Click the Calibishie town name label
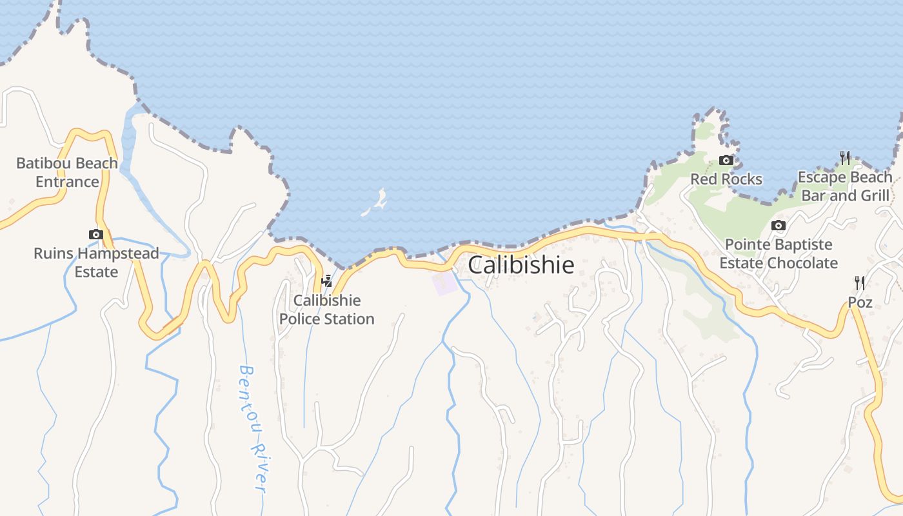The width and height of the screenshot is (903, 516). [521, 265]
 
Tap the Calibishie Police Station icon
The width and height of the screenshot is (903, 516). [327, 281]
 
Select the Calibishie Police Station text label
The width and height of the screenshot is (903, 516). [326, 310]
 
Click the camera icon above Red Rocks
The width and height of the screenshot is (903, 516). [726, 160]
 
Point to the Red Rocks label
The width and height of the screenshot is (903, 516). [726, 179]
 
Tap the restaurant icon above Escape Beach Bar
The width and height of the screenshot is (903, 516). [845, 157]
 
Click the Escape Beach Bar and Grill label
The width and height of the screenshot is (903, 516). [845, 186]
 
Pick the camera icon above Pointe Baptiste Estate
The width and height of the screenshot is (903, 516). [779, 225]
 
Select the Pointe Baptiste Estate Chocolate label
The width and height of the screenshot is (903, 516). [779, 254]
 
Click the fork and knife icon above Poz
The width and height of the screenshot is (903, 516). [860, 283]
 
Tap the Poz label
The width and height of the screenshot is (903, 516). [860, 303]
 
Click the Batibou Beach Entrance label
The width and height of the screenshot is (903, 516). [67, 172]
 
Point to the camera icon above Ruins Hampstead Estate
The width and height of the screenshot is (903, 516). [96, 234]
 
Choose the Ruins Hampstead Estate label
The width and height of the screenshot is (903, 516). [96, 263]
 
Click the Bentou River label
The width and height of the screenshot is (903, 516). [253, 429]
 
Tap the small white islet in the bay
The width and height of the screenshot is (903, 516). [375, 203]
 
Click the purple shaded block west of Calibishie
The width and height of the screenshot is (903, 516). [444, 284]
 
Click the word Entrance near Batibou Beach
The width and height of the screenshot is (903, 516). [67, 182]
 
